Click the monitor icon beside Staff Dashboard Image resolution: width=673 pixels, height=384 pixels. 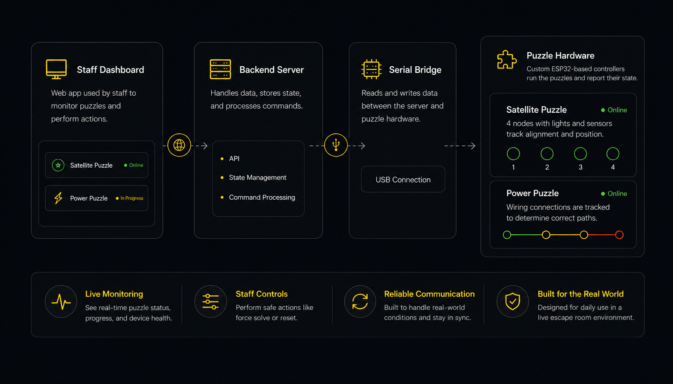[56, 69]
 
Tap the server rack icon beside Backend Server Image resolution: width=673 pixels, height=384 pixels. [220, 69]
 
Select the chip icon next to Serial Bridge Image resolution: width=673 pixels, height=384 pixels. [371, 69]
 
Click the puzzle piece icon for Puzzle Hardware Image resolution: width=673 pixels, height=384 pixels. [507, 60]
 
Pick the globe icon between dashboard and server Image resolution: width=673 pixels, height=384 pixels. [179, 145]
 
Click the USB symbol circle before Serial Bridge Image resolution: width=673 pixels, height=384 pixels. [336, 145]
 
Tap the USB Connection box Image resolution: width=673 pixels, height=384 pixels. [403, 179]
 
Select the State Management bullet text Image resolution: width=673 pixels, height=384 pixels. [257, 177]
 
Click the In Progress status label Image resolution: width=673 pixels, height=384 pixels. [132, 198]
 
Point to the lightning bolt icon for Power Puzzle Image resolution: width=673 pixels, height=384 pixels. [58, 198]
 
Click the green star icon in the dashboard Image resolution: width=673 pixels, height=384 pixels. [58, 165]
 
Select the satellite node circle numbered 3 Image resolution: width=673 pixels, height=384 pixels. [580, 154]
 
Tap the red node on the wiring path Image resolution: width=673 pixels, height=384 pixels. [619, 234]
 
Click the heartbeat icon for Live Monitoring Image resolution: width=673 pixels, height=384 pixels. [61, 301]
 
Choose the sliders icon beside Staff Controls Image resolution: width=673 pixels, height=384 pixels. [210, 301]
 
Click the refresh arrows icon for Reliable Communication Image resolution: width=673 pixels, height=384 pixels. [360, 301]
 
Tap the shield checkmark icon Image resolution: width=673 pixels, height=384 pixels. [513, 301]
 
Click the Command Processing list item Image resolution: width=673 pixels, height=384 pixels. [262, 197]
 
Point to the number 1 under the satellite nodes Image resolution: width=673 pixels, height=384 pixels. [513, 167]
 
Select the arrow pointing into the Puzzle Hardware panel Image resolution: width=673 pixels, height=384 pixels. [459, 146]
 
